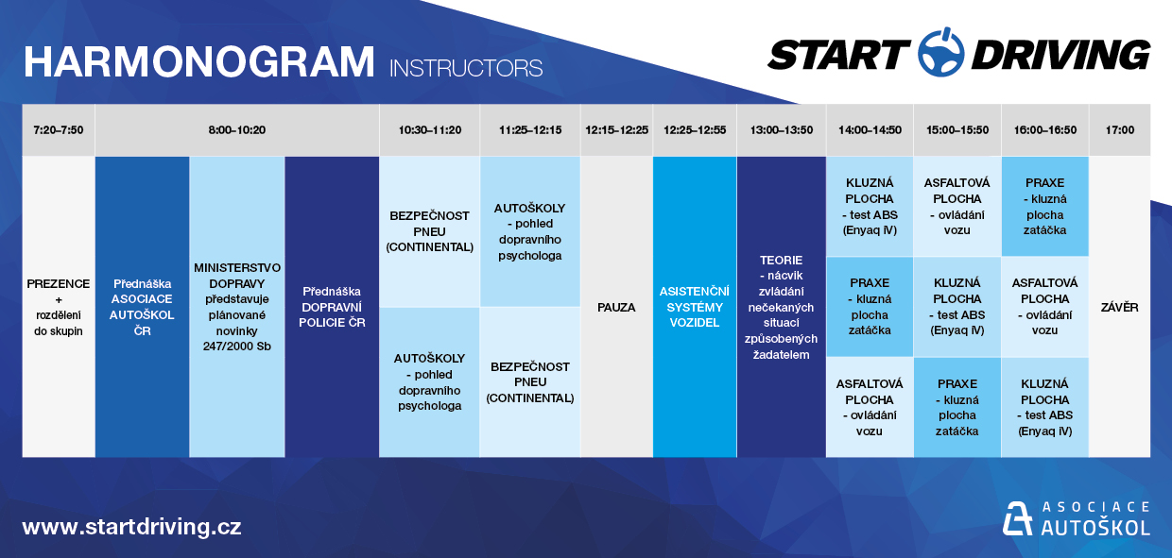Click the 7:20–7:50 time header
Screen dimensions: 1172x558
(58, 130)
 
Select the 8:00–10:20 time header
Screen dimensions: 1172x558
(237, 130)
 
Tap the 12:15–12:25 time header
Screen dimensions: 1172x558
(616, 130)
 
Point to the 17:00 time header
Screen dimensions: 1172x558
(1120, 130)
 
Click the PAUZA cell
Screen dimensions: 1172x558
(616, 307)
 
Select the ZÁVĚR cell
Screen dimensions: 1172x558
(1120, 307)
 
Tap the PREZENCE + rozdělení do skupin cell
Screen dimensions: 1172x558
(58, 307)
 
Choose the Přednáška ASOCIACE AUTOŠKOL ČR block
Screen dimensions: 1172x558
(142, 307)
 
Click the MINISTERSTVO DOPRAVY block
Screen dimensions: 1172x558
(237, 307)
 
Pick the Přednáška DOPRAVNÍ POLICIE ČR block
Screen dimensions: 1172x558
(332, 307)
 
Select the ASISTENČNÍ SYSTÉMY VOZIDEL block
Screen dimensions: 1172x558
(695, 307)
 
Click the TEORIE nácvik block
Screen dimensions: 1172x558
(781, 307)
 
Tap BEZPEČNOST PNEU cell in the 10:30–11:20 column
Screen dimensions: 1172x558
(429, 231)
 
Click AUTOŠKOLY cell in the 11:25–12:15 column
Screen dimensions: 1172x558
(530, 231)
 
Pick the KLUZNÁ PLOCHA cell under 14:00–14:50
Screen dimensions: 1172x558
(870, 207)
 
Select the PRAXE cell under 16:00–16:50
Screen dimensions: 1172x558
(1044, 207)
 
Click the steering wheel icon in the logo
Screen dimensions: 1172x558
(941, 52)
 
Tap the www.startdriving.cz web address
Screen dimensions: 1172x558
(132, 526)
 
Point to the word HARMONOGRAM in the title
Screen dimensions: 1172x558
(198, 62)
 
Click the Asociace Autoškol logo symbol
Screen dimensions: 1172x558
(1017, 518)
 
